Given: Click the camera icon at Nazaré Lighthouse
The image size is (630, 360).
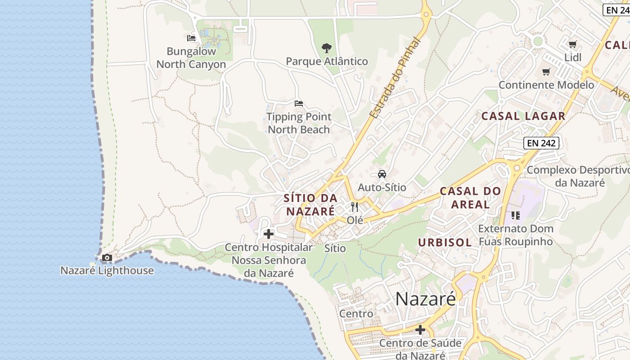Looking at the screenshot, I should point(107,258).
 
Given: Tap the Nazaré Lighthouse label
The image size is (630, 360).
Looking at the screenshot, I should point(107,270).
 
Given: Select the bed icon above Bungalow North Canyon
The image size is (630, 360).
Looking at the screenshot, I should point(191,38).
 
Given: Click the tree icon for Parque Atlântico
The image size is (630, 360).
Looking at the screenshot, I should point(327,48).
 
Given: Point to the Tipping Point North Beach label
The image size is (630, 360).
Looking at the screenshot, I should point(299,123).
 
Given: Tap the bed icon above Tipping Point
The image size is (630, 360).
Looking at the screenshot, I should point(299,103).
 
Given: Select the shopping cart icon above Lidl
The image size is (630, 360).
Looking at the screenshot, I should point(572,44).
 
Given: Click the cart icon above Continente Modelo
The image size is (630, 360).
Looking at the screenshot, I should point(546,72).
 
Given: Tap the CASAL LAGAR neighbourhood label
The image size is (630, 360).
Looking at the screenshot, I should point(523,116).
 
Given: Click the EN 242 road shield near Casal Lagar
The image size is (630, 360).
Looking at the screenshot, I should point(542,144).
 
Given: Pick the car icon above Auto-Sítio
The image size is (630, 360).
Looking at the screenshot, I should point(382,174).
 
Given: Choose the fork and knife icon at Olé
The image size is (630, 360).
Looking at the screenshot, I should point(355,207).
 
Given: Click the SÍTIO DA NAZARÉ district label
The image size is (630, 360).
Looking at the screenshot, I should point(310,204).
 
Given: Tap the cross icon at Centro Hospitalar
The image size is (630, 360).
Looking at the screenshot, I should point(269,234).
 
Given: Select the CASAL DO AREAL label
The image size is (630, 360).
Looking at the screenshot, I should point(470,198).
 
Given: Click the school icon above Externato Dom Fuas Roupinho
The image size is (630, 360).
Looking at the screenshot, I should point(515,216).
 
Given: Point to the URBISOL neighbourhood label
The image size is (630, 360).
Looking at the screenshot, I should point(445,243).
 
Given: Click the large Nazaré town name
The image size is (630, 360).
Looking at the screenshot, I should point(425,299).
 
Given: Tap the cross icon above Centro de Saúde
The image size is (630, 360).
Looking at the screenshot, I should point(420,330).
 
